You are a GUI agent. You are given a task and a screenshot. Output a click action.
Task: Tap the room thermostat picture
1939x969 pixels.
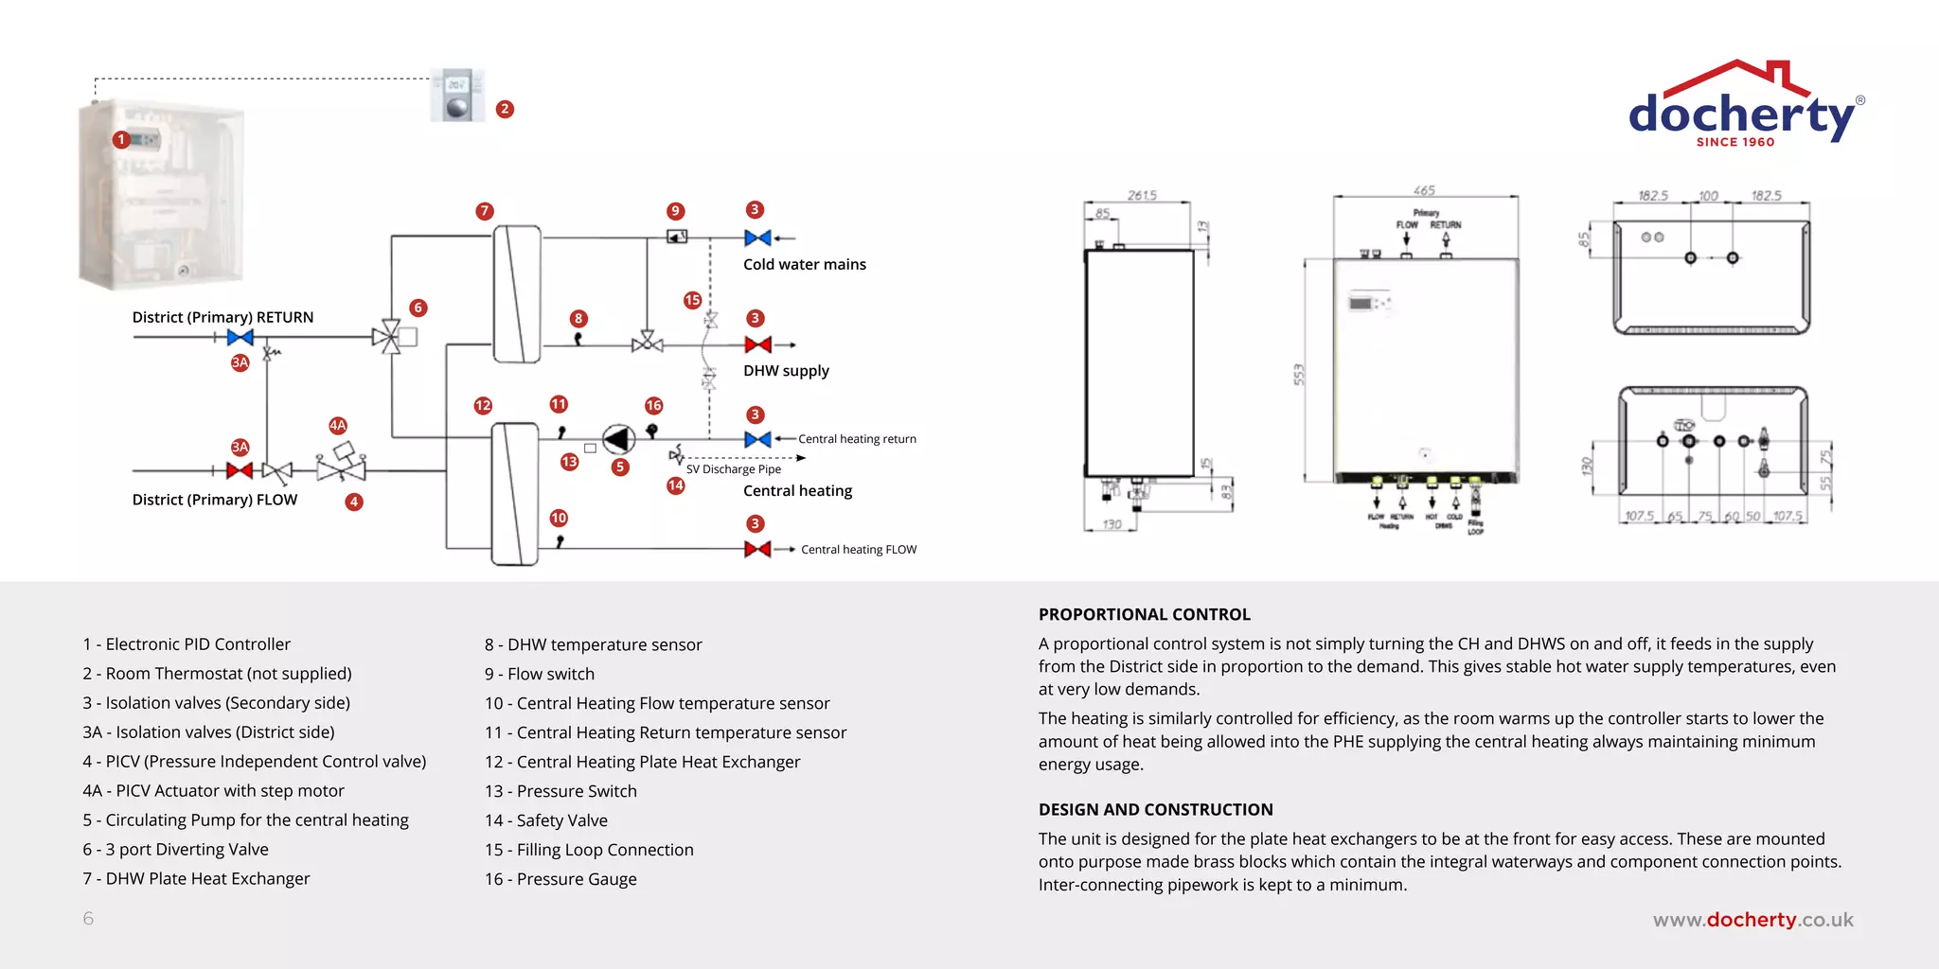click(x=457, y=95)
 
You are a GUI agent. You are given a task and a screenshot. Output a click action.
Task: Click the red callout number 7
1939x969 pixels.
click(x=485, y=211)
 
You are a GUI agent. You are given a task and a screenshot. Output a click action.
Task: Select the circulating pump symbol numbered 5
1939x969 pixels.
click(x=618, y=439)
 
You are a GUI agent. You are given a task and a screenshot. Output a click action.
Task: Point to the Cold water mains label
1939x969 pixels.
click(x=804, y=265)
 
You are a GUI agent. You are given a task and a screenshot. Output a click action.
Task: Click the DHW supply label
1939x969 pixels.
click(x=786, y=371)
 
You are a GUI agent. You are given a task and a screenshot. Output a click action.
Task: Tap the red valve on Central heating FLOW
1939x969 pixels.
click(x=757, y=549)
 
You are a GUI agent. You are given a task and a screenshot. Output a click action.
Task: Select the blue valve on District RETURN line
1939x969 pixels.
click(x=240, y=337)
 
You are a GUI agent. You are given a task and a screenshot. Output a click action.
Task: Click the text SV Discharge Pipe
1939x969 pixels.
click(x=734, y=469)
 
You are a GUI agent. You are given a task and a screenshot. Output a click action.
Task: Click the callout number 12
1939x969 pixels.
click(x=483, y=405)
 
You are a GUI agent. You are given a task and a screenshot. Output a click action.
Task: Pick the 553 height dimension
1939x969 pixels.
click(x=1299, y=374)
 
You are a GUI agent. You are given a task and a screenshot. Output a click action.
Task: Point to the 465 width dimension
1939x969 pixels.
click(x=1424, y=190)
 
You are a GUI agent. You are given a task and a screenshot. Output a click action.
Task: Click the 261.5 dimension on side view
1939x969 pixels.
click(x=1142, y=195)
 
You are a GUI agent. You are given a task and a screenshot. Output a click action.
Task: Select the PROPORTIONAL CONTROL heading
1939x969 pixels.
click(x=1144, y=615)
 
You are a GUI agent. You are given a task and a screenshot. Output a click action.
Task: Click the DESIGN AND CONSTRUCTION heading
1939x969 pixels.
click(x=1155, y=810)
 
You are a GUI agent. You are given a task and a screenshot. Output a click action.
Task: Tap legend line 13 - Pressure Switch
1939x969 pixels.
click(x=560, y=791)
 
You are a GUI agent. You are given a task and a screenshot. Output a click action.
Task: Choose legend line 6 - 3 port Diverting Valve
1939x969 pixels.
click(x=175, y=850)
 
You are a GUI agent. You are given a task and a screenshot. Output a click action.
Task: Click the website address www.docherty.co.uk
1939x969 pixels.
click(x=1752, y=920)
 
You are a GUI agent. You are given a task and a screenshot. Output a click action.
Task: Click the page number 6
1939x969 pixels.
click(x=88, y=919)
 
